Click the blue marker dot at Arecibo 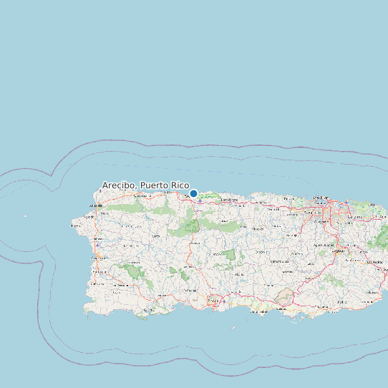193,193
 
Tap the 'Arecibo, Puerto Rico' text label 145,185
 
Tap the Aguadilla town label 94,206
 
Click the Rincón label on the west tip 75,225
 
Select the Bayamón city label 312,213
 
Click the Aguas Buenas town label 322,244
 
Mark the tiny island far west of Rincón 25,215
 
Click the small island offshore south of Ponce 234,328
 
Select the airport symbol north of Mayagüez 96,241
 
